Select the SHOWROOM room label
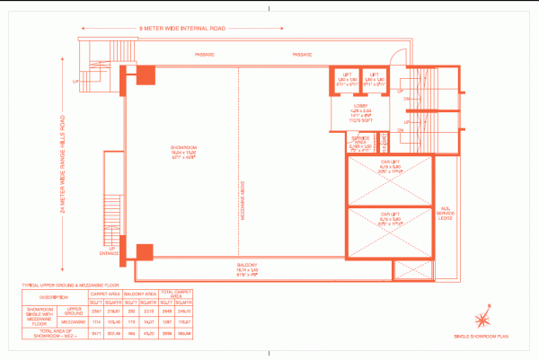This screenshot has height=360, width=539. point(184,152)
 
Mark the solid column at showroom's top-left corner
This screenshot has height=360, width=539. point(144,75)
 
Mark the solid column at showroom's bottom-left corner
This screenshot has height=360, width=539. point(144,251)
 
